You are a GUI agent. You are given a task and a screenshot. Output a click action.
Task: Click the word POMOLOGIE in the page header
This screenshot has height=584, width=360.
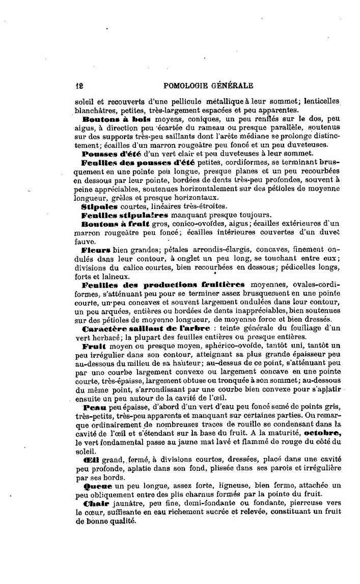(x=185, y=86)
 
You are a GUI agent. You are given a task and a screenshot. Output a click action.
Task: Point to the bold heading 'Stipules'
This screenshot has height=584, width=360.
(x=99, y=206)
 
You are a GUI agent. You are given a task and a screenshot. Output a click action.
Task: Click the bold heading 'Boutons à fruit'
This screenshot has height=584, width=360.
(x=112, y=224)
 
